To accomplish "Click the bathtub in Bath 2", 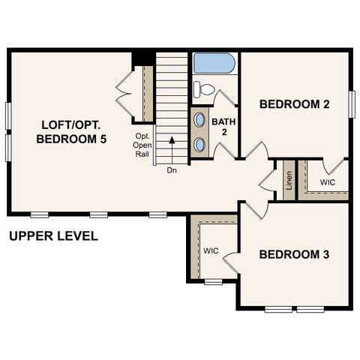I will click(214, 63).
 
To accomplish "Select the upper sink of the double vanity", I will click(200, 120).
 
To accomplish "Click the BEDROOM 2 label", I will click(295, 104).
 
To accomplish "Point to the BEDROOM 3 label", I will click(295, 254).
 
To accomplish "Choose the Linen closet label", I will click(288, 180).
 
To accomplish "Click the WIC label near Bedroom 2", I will click(328, 182).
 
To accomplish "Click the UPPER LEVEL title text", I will click(53, 236).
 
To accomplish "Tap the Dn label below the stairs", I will click(172, 170).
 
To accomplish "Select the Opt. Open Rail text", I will click(143, 145).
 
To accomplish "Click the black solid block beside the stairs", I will click(142, 59).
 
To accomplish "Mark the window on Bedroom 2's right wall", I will click(350, 101).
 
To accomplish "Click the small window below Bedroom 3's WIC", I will click(214, 282).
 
